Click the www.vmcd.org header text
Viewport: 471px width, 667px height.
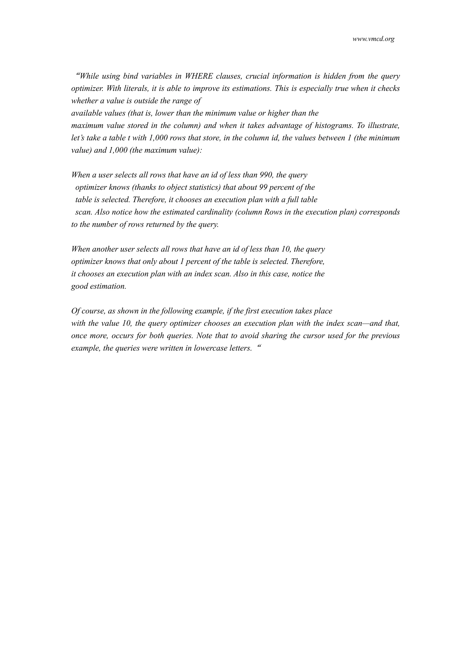tap(373, 39)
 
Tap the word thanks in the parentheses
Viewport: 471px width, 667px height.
tap(145, 187)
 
